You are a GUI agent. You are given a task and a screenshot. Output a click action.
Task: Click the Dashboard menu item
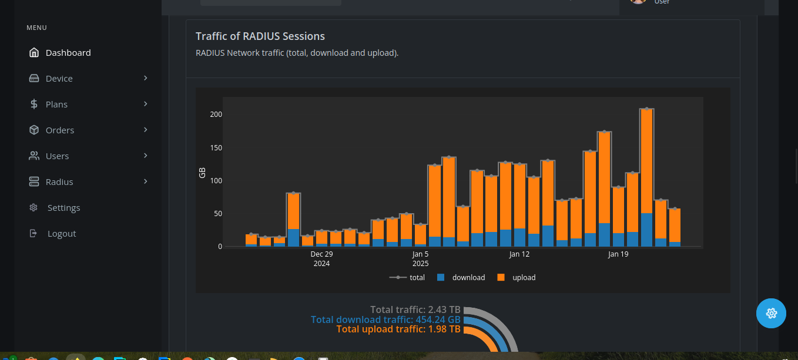point(68,53)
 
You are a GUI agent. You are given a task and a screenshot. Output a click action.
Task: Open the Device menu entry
point(59,79)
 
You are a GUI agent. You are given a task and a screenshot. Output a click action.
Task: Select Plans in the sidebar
point(56,105)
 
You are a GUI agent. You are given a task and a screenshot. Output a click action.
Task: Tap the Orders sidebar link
point(60,130)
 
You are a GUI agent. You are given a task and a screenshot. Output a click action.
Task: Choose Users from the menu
point(57,156)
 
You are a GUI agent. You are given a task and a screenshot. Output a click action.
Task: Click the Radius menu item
point(59,182)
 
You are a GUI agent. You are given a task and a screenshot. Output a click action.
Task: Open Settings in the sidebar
point(63,208)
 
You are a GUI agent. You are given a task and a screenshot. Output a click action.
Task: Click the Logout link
point(62,234)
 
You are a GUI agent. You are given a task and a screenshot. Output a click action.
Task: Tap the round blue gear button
point(770,314)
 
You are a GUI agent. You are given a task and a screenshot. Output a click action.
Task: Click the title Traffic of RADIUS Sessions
point(260,36)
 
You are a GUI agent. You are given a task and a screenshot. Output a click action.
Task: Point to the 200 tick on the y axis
point(216,115)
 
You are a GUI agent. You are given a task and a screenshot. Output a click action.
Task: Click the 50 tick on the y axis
point(217,214)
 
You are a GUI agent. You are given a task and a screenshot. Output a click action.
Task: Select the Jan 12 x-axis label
point(519,254)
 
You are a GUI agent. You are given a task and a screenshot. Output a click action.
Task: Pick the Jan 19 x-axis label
point(618,254)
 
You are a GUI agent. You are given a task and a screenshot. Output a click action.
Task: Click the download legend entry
point(468,278)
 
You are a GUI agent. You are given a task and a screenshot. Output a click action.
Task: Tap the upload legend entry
point(523,278)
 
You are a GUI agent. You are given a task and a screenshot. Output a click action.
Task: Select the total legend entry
point(417,278)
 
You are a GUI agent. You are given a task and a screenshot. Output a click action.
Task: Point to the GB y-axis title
point(202,173)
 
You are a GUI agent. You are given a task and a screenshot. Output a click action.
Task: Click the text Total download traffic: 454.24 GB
point(385,319)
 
